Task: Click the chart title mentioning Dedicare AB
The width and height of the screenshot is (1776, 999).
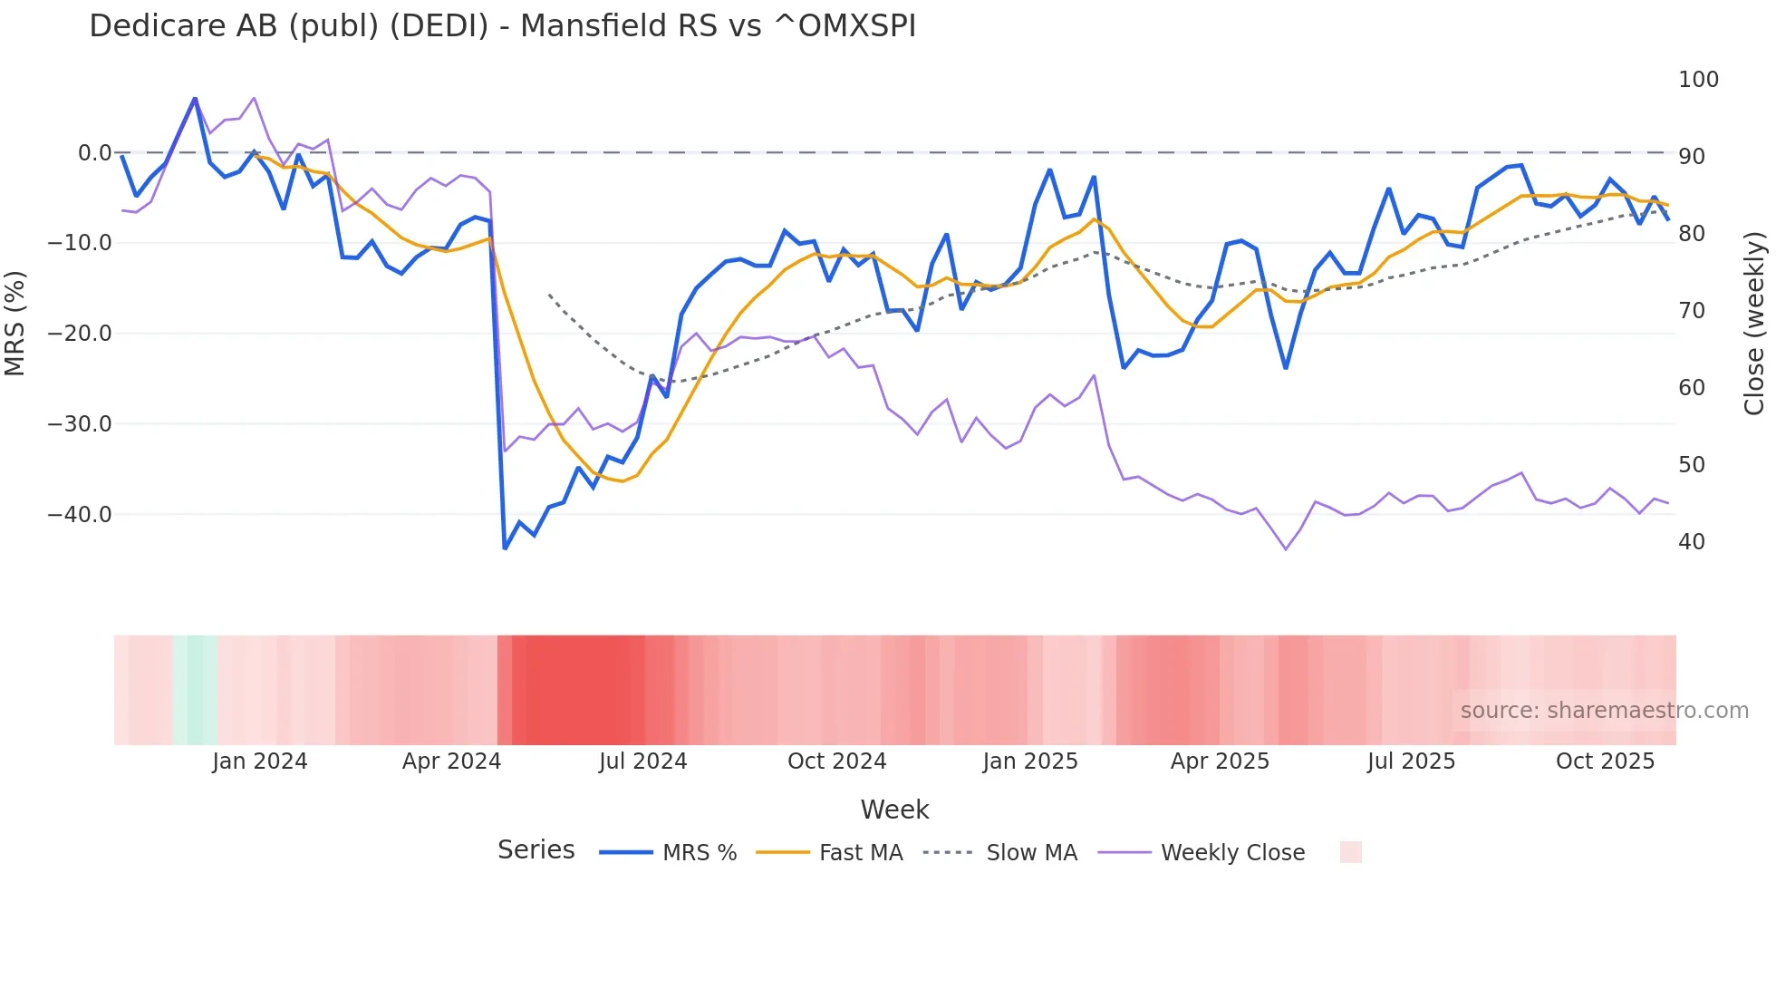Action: (x=502, y=26)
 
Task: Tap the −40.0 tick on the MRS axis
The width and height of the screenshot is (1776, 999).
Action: (x=79, y=515)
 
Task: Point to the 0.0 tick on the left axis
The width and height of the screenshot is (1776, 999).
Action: (x=94, y=153)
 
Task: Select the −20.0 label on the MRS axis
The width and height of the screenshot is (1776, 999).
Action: (x=79, y=334)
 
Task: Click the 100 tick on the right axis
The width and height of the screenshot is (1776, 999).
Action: (x=1697, y=80)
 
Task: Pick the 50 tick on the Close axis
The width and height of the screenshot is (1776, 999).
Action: (x=1691, y=465)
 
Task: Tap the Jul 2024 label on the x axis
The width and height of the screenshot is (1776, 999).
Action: (x=642, y=761)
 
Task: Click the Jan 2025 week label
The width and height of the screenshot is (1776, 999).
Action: (x=1029, y=761)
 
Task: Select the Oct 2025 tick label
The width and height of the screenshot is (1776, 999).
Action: (x=1604, y=761)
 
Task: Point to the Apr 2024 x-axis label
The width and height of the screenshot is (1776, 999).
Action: (x=451, y=761)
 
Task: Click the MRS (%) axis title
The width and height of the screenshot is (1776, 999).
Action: (x=15, y=324)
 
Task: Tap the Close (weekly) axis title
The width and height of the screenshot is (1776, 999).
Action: (x=1754, y=324)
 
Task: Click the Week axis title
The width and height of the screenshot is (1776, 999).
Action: (x=894, y=810)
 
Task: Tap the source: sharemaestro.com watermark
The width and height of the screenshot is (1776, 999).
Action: (x=1604, y=711)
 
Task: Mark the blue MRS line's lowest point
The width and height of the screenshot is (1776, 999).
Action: (x=505, y=548)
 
